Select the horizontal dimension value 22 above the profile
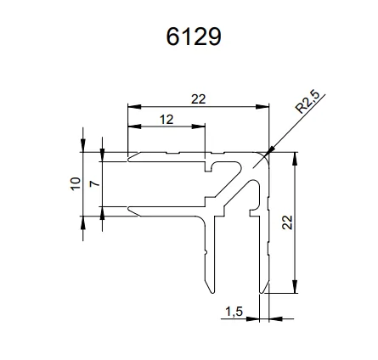pyautogui.click(x=198, y=99)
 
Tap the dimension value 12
pyautogui.click(x=166, y=120)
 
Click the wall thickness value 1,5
pyautogui.click(x=234, y=312)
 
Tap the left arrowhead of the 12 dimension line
pyautogui.click(x=133, y=127)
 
